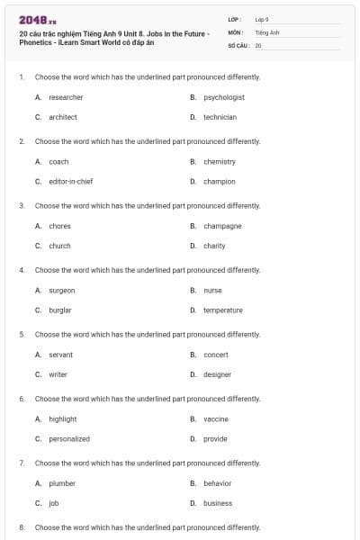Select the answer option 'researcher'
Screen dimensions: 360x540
[66, 97]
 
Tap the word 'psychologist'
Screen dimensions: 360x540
[224, 97]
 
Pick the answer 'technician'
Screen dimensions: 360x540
[220, 117]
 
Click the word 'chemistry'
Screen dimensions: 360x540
[220, 162]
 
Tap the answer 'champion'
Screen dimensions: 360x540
[220, 182]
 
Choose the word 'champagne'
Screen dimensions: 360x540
[222, 226]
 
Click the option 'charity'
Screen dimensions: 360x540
[214, 246]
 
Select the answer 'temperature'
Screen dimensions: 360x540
[223, 310]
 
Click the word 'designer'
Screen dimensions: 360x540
[217, 374]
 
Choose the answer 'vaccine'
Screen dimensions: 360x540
[216, 419]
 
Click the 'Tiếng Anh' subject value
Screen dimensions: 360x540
[267, 31]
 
